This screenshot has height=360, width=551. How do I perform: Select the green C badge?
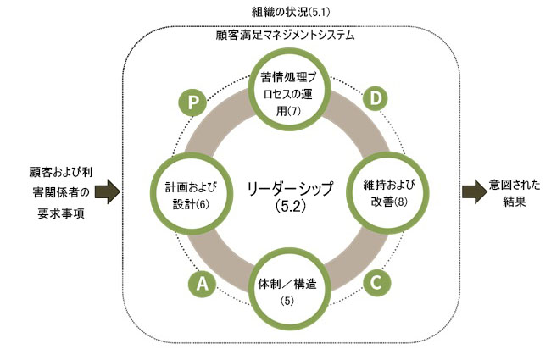click(x=376, y=282)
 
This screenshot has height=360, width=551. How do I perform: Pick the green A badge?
click(x=201, y=285)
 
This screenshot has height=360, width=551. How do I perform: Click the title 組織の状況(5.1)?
click(x=289, y=12)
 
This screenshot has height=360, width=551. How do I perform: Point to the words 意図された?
click(x=515, y=185)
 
